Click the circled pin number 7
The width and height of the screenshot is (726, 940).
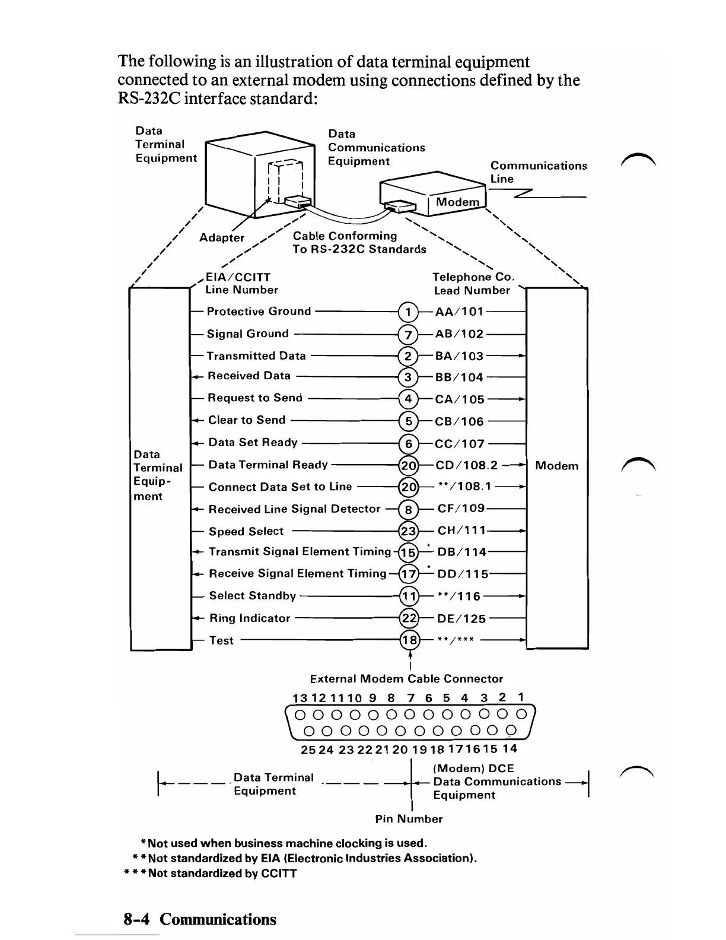pos(408,334)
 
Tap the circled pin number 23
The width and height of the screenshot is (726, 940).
pos(409,531)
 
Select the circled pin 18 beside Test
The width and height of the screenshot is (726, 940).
pos(409,640)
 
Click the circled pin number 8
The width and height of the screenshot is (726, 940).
pos(408,510)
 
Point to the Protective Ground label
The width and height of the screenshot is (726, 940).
pos(259,312)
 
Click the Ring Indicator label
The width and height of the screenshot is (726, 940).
pos(250,618)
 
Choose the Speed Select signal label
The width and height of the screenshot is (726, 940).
pos(246,532)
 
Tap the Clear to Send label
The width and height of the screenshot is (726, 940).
pos(247,420)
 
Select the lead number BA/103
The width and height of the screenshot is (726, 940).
pos(459,356)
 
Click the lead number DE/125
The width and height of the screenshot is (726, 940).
pos(461,619)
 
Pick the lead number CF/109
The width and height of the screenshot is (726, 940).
pos(461,509)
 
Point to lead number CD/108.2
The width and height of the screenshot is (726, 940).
pos(467,465)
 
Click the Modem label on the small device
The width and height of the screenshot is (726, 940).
pos(457,202)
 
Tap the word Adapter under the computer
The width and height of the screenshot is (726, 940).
pos(222,238)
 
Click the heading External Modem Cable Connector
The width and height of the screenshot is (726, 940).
pos(406,679)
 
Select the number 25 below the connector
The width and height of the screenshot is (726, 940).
pos(308,750)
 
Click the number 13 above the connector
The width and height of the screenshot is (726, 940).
pos(300,698)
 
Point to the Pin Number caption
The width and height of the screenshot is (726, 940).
pos(409,819)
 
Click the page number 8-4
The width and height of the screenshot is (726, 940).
pos(137,919)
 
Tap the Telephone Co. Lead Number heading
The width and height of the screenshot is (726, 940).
pos(473,284)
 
